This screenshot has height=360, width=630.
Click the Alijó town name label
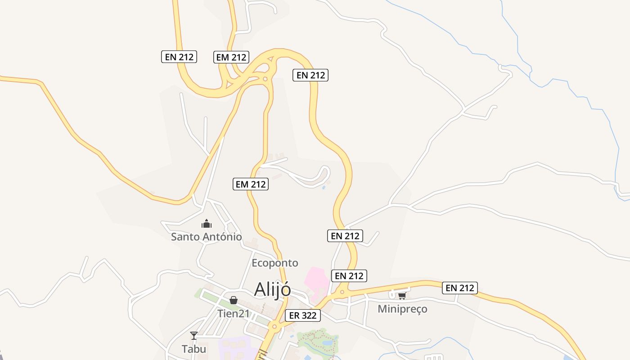tap(272, 289)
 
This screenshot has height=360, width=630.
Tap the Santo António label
tap(206, 237)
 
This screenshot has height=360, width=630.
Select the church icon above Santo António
tap(207, 224)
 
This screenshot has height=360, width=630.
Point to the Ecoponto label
tap(275, 263)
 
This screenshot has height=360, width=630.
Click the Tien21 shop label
tap(233, 314)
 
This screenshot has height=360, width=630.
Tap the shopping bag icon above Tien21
tap(234, 300)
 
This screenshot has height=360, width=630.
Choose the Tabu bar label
tap(194, 349)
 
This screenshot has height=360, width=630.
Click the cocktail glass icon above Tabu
tap(194, 335)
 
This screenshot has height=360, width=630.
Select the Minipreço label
tap(402, 309)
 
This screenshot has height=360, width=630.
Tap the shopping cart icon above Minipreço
tap(402, 296)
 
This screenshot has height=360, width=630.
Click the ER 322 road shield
tap(303, 315)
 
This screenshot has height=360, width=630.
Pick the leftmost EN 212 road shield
tap(179, 57)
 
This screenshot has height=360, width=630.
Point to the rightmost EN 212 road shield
tap(460, 288)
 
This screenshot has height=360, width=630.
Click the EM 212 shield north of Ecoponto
tap(251, 184)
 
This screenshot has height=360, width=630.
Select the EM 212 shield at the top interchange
tap(231, 57)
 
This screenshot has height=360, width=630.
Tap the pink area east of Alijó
tap(316, 278)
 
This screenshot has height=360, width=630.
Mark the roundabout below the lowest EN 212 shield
tap(342, 292)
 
